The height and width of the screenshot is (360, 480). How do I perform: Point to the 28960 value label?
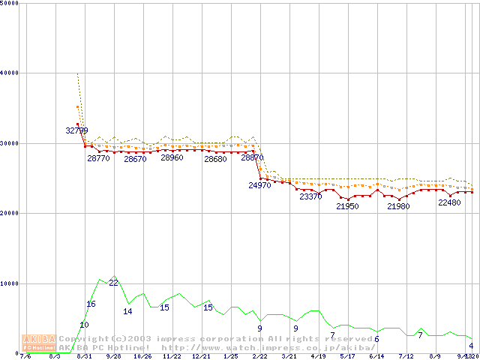tap(172, 158)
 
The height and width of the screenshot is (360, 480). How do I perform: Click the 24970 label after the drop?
tap(259, 184)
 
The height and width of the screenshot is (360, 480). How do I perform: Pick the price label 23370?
tap(310, 196)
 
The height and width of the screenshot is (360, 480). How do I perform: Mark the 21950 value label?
tap(347, 206)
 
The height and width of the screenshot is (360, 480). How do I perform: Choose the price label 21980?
tap(398, 206)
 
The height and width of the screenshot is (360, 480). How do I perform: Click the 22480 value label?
tap(449, 202)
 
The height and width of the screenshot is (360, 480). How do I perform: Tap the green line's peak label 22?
tap(113, 283)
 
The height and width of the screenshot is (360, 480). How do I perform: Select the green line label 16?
tap(91, 304)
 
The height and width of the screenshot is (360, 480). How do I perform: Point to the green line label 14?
tap(128, 311)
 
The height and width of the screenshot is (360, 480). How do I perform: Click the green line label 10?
tap(84, 325)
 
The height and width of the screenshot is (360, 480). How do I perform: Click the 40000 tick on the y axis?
tap(10, 73)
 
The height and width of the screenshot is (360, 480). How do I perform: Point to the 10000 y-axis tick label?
tap(10, 283)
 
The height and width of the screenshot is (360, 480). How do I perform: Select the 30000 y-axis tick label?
tap(10, 143)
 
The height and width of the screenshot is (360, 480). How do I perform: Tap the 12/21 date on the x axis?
tap(201, 357)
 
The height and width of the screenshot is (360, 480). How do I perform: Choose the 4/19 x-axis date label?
tap(318, 357)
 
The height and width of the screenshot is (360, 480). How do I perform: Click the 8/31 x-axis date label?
tap(84, 357)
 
